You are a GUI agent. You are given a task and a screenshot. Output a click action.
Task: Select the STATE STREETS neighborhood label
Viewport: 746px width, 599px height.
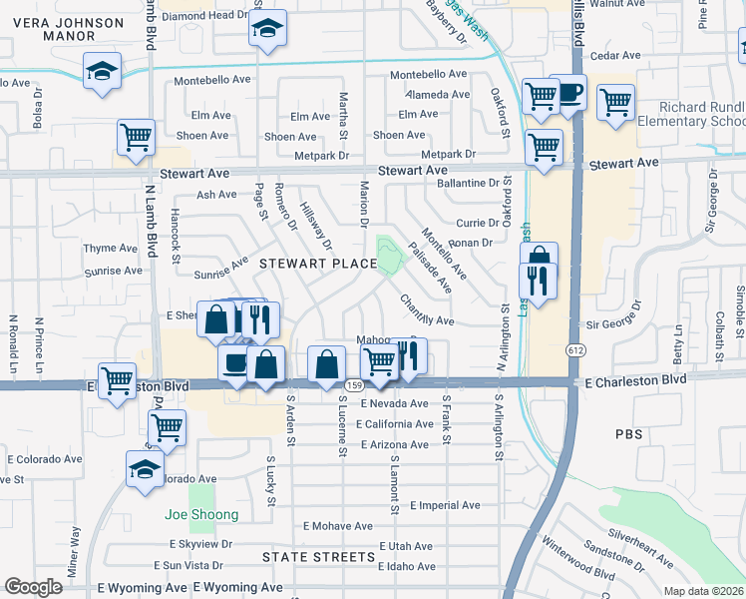(318, 556)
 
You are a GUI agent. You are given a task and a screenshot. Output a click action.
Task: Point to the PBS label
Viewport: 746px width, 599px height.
(629, 434)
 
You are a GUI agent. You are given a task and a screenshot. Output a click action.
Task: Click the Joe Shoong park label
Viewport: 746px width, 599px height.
(201, 514)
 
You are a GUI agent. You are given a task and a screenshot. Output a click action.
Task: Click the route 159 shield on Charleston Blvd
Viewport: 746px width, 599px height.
(353, 385)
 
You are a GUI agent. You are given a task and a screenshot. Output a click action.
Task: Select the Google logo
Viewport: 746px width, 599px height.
(33, 586)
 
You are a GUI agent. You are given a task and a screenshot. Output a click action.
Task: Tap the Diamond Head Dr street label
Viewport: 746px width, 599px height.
(203, 15)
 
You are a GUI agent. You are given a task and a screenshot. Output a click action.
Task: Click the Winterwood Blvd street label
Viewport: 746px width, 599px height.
(577, 559)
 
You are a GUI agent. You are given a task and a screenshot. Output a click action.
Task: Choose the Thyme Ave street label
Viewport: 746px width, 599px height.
(110, 249)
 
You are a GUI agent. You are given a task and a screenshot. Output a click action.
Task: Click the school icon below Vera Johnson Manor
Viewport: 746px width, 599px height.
(100, 72)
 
